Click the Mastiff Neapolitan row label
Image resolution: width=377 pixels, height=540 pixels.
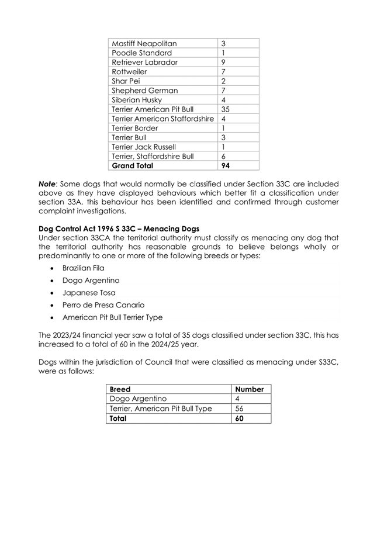[x=144, y=43]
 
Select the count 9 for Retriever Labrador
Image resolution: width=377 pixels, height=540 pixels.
[x=224, y=62]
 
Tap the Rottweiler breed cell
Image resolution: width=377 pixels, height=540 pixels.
[x=129, y=71]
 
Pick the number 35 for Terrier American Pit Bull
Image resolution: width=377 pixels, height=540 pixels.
[x=226, y=109]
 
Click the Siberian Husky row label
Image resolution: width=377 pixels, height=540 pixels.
[x=138, y=100]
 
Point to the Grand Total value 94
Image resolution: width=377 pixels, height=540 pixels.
[x=226, y=166]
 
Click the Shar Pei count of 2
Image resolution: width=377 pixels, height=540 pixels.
[x=224, y=81]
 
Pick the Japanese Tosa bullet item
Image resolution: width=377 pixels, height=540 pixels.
[x=89, y=293]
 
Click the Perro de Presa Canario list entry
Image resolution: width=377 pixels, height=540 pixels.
[x=103, y=305]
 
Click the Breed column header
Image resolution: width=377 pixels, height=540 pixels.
[x=120, y=389]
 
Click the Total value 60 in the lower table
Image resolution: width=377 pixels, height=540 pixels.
[x=240, y=418]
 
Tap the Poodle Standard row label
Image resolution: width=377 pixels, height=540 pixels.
[x=141, y=53]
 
